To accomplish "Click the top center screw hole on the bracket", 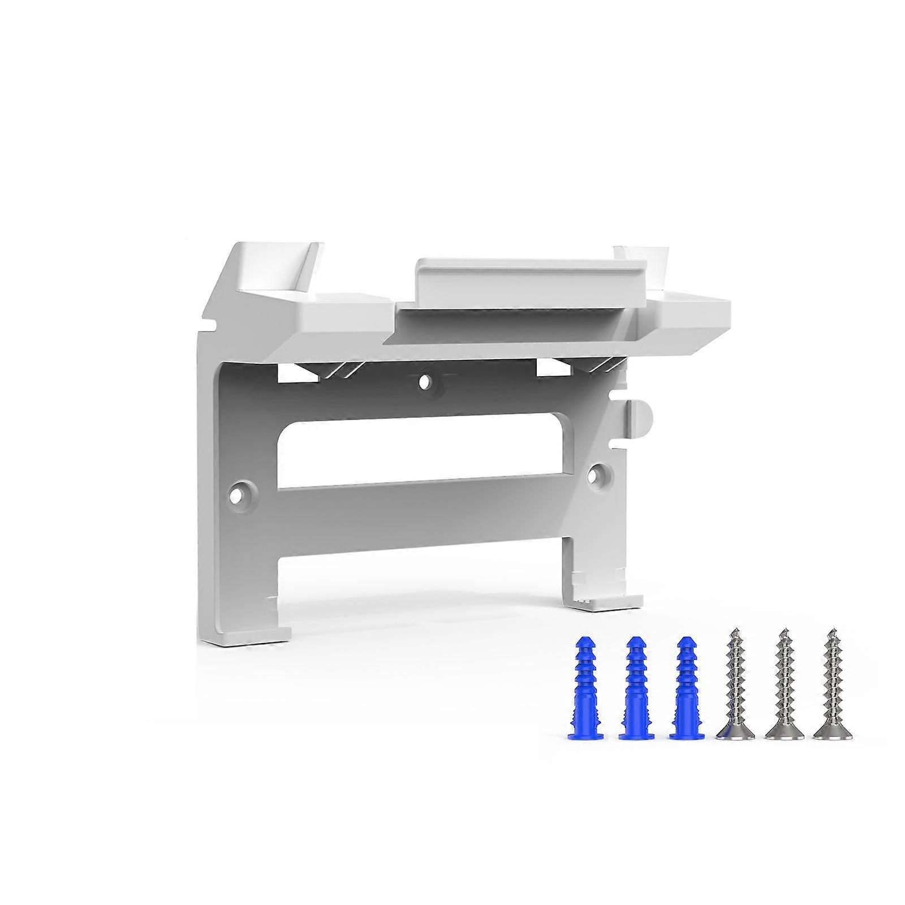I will [x=425, y=381].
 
